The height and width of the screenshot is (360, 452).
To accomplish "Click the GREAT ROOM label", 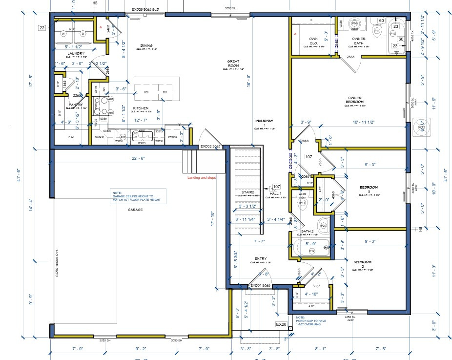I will pos(233,63).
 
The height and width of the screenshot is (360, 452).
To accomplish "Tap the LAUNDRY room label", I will pos(76,53).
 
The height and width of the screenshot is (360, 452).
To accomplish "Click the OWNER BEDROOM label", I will pos(355,99).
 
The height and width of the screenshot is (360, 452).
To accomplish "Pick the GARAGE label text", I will pos(135,210).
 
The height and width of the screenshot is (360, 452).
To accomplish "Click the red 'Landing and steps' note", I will pos(202,177).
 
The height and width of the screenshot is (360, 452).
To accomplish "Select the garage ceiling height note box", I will pos(138,196).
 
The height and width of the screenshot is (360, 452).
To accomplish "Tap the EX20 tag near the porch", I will pos(281,324).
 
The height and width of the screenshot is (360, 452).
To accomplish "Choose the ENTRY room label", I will pos(259,259).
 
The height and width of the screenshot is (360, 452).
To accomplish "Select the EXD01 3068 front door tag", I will pos(259,285).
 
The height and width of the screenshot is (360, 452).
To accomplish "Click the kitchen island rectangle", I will pos(157,88).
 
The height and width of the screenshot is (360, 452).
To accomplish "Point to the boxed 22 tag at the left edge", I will pos(42,28).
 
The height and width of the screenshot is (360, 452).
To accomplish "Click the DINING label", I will pos(146,45).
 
